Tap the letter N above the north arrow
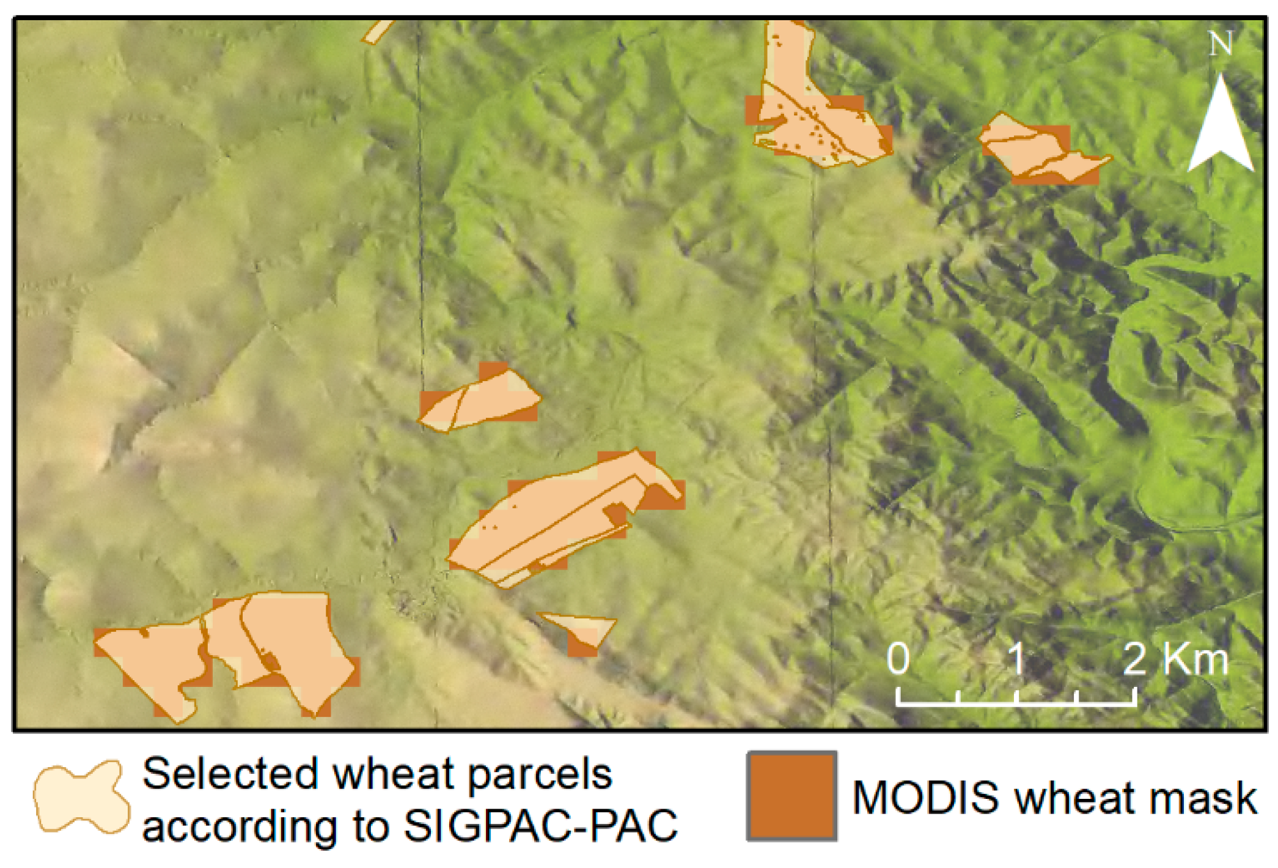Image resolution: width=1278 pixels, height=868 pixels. click(1221, 44)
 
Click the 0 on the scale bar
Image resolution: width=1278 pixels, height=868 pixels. click(898, 659)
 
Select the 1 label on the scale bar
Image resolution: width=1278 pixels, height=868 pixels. click(1016, 659)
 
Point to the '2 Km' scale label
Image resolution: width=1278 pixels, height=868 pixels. click(1175, 659)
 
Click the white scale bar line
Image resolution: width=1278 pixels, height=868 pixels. click(1016, 703)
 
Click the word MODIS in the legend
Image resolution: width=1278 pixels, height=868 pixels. click(925, 798)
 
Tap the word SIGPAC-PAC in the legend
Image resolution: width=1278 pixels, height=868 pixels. click(540, 826)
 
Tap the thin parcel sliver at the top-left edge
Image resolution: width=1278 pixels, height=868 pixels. click(377, 32)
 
